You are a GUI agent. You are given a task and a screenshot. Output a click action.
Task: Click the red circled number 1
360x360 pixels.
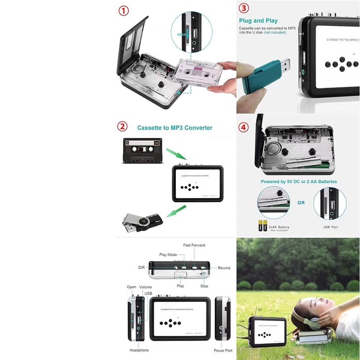pyautogui.click(x=124, y=11)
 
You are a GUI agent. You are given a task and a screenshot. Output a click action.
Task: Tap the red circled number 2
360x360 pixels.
pyautogui.click(x=122, y=127)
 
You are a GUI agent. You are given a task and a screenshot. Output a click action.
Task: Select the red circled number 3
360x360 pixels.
pyautogui.click(x=244, y=8)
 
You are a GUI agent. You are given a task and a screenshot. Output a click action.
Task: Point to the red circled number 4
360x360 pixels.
pyautogui.click(x=244, y=127)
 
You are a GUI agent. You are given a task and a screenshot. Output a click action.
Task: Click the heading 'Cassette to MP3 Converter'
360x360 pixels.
pyautogui.click(x=175, y=128)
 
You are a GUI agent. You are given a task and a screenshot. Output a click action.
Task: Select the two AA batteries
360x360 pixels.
pyautogui.click(x=262, y=226)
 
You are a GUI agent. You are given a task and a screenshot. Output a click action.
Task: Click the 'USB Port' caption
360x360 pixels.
pyautogui.click(x=331, y=227)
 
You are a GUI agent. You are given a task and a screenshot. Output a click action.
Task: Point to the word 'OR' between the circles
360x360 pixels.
pyautogui.click(x=301, y=203)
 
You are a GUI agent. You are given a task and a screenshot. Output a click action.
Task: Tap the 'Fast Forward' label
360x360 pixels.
pyautogui.click(x=194, y=245)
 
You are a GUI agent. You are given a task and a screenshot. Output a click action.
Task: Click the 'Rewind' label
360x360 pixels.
pyautogui.click(x=224, y=268)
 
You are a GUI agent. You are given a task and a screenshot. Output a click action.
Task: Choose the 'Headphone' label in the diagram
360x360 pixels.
pyautogui.click(x=139, y=350)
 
